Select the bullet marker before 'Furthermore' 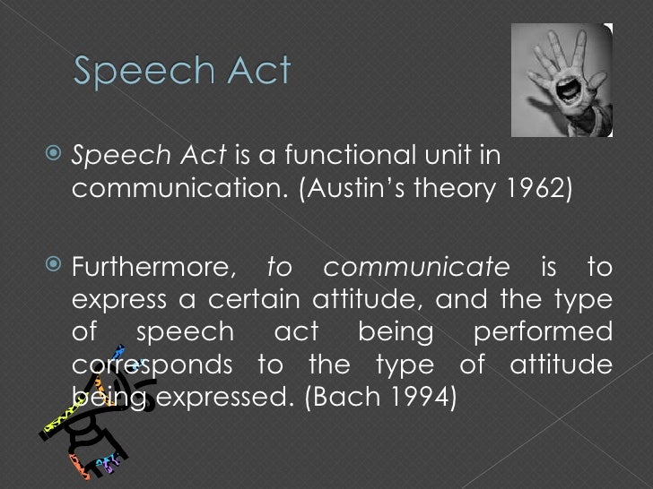(53, 267)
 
